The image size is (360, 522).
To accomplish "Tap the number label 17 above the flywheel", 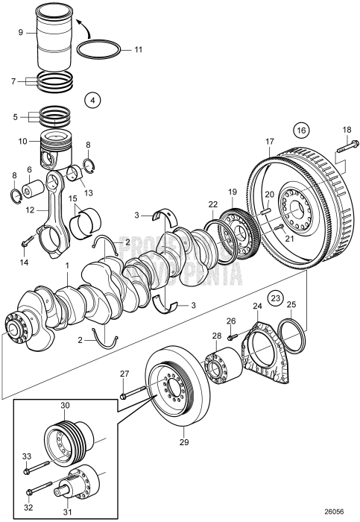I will point(271,142).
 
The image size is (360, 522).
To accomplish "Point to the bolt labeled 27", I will point(132,392).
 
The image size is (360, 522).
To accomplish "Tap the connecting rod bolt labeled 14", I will point(25,242).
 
